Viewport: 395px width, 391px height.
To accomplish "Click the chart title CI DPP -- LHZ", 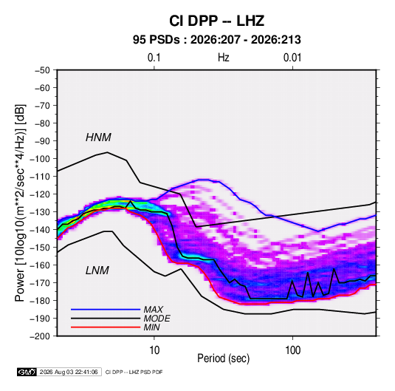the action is click(216, 21).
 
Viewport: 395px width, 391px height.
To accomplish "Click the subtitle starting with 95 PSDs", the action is click(217, 40).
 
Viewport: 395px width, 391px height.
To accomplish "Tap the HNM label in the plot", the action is click(98, 137).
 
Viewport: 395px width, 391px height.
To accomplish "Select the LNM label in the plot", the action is click(97, 271).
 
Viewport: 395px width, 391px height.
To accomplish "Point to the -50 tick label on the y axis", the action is click(42, 70).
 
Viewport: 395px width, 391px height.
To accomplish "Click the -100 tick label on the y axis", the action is click(40, 159).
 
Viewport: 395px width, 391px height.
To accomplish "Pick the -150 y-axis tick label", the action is click(40, 248).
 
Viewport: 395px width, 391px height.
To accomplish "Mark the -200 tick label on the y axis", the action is click(40, 336).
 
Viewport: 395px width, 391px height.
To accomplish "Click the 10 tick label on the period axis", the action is click(154, 350).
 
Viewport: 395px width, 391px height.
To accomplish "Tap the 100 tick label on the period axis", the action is click(292, 350).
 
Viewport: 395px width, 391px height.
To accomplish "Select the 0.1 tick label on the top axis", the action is click(154, 58).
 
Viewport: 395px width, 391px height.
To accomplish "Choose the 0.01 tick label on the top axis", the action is click(292, 58).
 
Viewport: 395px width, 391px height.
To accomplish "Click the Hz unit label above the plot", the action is click(224, 58).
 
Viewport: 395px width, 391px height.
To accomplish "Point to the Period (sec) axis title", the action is click(224, 358).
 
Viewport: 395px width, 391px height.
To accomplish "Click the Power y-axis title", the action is click(20, 203).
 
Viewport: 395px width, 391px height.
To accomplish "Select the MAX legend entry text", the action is click(153, 310).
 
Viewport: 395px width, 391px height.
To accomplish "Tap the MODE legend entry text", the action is click(157, 319).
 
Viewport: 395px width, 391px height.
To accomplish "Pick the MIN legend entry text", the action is click(151, 327).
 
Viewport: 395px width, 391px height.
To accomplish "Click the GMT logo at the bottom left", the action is click(27, 372).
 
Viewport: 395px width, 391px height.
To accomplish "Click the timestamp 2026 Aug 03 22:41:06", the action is click(69, 372).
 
